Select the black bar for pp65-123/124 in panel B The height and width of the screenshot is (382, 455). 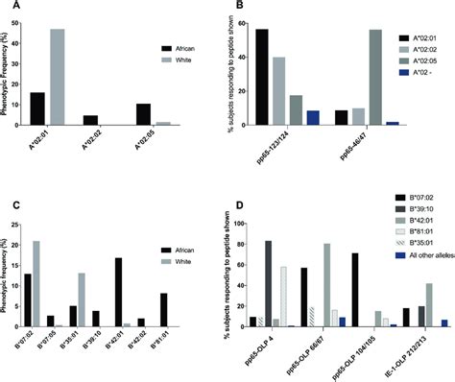(261, 78)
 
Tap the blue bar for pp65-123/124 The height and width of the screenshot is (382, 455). (313, 118)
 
